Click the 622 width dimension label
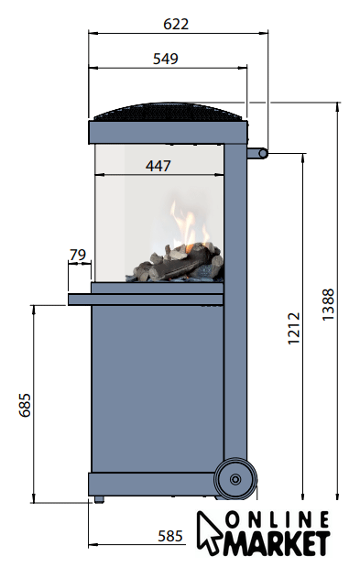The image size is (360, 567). [176, 24]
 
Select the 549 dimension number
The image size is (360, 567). [166, 59]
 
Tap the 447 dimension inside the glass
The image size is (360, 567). [158, 166]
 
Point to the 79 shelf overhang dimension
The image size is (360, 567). [78, 255]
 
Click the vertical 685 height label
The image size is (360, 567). [26, 405]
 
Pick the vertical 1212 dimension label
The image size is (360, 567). [294, 328]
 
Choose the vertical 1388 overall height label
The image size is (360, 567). [328, 304]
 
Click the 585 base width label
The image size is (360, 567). [170, 536]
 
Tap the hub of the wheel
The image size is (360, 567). [235, 479]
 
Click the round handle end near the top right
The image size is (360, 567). [263, 154]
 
